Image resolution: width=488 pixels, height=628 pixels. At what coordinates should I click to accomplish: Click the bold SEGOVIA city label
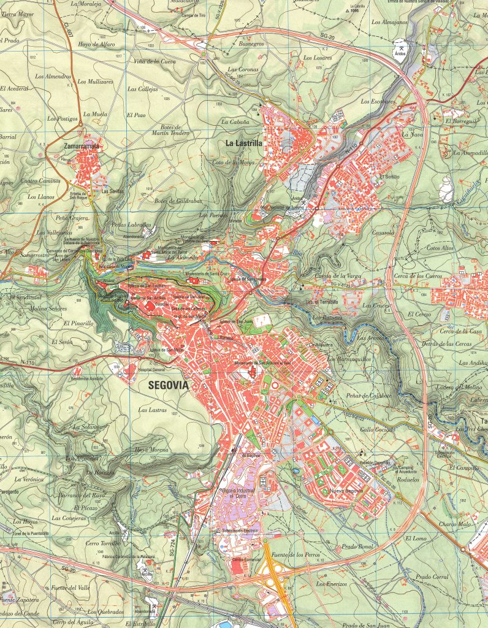pyautogui.click(x=169, y=385)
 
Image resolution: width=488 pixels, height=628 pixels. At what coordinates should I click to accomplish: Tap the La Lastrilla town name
pyautogui.click(x=243, y=144)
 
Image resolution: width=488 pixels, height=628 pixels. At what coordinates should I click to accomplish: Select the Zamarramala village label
pyautogui.click(x=82, y=147)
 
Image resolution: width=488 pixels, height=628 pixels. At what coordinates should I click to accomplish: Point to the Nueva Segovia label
pyautogui.click(x=347, y=491)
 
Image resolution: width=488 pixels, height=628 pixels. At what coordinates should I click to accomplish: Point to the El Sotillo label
pyautogui.click(x=389, y=177)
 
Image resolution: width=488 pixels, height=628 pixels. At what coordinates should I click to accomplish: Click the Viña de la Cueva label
pyautogui.click(x=156, y=61)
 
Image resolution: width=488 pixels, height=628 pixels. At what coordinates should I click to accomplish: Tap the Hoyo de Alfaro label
pyautogui.click(x=97, y=44)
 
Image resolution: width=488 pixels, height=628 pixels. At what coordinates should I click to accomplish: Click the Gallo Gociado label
pyautogui.click(x=376, y=430)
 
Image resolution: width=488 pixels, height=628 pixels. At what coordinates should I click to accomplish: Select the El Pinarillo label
pyautogui.click(x=78, y=323)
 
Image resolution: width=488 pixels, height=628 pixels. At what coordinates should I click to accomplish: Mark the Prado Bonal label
pyautogui.click(x=357, y=546)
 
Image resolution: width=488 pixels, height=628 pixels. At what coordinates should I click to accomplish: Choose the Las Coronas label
pyautogui.click(x=243, y=69)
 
